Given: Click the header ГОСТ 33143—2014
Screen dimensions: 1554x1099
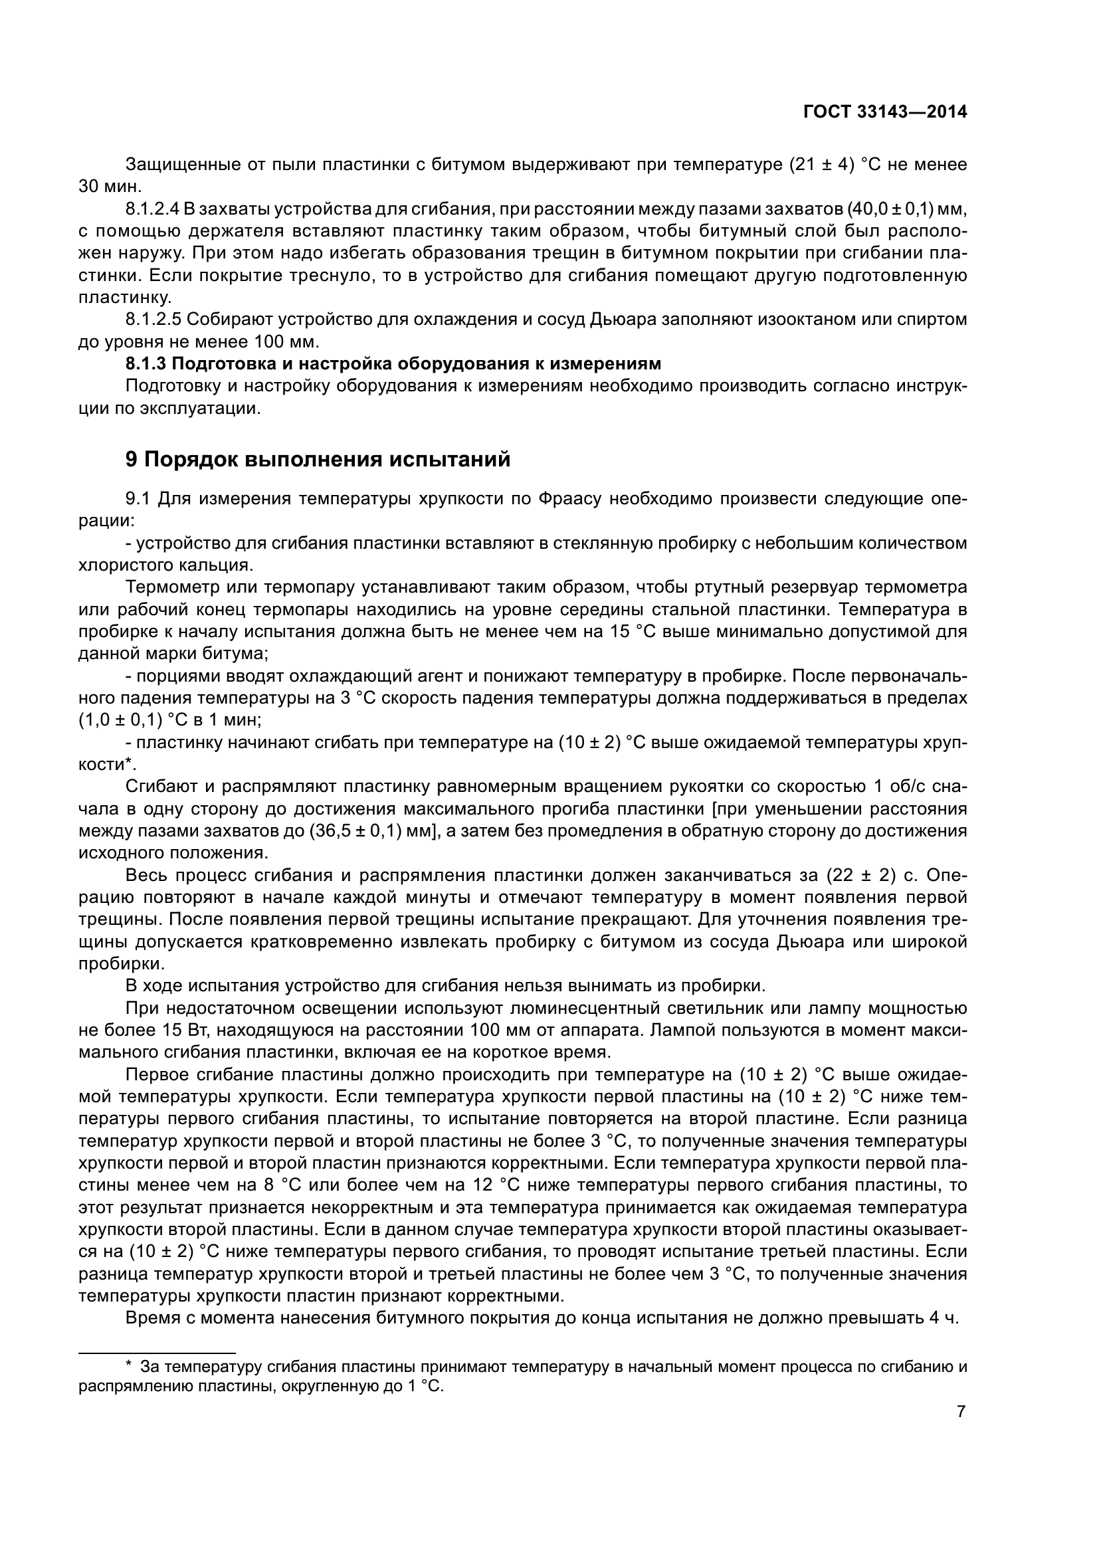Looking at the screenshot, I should click(x=884, y=112).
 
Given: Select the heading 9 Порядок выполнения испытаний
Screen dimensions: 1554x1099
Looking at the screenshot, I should click(x=318, y=460).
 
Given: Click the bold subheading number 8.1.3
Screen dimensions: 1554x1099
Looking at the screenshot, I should click(x=146, y=364).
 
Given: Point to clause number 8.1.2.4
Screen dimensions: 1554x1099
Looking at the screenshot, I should click(x=152, y=209).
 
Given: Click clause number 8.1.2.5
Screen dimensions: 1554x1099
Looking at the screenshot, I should click(x=152, y=320).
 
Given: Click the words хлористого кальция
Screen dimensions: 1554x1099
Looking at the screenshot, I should click(x=166, y=565).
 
